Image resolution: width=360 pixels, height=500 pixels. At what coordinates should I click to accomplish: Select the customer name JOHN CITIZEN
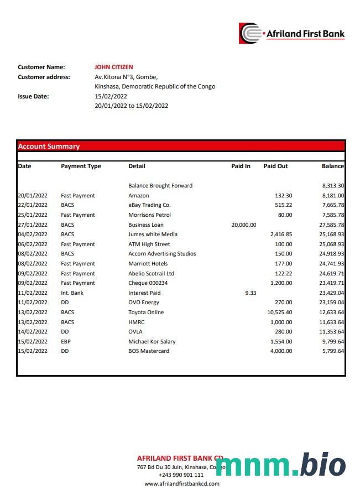113,67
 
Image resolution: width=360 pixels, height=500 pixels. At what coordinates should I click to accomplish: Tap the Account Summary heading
49,147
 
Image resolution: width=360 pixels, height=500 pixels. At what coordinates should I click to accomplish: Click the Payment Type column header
81,166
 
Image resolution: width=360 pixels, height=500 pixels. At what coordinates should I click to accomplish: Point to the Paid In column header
241,166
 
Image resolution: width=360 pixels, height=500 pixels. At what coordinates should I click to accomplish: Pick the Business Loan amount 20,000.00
243,225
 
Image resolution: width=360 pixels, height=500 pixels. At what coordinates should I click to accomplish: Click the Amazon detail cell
138,196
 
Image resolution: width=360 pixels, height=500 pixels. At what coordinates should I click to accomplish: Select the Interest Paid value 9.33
250,293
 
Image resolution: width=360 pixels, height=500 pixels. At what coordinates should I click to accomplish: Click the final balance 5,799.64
332,351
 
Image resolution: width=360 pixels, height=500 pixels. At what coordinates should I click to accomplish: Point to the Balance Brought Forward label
160,186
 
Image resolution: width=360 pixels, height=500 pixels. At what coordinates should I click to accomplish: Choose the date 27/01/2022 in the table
33,225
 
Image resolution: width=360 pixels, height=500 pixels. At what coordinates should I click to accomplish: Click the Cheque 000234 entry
148,283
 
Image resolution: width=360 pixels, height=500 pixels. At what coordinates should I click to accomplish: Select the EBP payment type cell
66,342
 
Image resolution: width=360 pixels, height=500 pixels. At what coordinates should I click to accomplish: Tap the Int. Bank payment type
72,293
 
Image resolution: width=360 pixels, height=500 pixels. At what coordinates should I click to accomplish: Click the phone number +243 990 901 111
181,475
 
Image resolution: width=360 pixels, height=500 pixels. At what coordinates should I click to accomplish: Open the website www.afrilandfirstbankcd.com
181,484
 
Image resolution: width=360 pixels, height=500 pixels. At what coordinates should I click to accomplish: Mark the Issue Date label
33,96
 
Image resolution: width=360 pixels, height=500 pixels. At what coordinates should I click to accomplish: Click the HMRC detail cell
136,322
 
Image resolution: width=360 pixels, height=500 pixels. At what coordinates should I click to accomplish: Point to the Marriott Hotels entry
148,264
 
